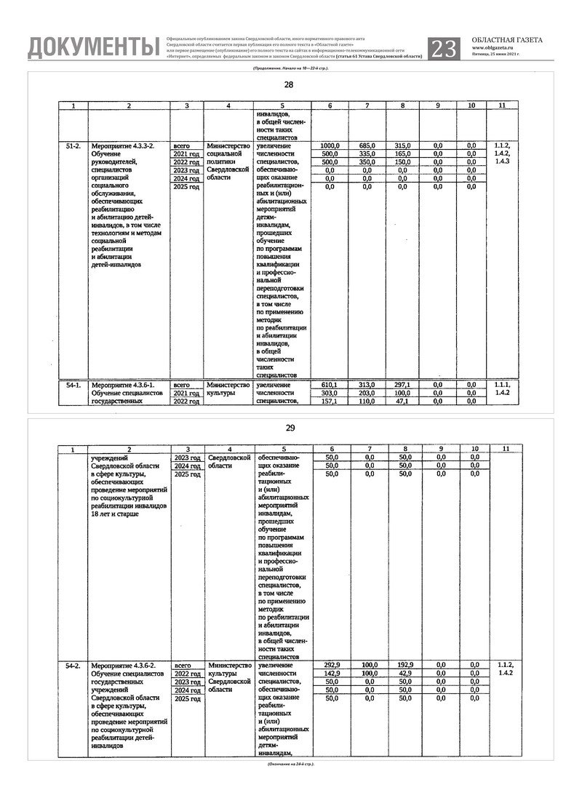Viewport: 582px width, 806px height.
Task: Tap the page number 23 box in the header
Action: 445,48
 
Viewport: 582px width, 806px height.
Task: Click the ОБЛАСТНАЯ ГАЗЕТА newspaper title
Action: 506,40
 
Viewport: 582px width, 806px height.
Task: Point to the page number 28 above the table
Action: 290,86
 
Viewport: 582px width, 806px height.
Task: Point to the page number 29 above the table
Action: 290,428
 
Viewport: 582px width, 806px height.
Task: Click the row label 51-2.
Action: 73,146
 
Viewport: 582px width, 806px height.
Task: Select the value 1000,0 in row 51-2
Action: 330,146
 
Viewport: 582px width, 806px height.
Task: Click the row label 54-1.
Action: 73,385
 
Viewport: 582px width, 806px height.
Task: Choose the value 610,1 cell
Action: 330,385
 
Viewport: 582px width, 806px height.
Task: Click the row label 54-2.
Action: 73,666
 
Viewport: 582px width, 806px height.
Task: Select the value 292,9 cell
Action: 330,666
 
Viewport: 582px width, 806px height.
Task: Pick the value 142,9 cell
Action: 330,674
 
